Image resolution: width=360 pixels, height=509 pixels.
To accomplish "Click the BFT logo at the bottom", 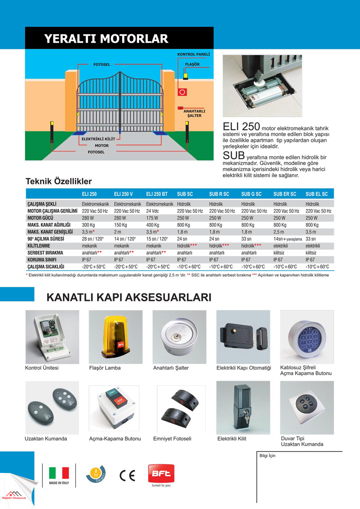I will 161,474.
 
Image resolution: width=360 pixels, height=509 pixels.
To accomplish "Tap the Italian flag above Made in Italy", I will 59,473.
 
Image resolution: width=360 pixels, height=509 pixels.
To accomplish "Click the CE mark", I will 127,475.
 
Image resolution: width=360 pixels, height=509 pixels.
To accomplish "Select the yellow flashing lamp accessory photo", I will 115,337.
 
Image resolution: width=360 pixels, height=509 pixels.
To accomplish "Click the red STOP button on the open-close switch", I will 120,400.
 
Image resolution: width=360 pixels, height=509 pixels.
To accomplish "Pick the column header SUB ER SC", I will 285,194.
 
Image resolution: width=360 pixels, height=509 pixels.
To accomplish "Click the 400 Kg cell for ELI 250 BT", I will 153,225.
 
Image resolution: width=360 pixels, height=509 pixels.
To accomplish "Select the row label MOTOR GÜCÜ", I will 40,218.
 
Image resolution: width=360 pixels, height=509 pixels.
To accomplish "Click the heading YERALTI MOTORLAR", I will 106,39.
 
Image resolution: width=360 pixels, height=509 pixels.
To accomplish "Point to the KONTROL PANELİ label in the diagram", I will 193,54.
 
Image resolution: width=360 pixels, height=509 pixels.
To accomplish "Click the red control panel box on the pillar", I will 182,92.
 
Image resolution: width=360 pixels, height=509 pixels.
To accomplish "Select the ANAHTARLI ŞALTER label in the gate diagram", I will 194,113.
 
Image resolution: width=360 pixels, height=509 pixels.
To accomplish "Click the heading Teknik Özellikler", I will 58,181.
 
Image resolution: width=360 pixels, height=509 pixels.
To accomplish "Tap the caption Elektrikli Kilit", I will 232,439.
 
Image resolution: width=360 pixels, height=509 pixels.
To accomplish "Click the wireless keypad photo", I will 307,337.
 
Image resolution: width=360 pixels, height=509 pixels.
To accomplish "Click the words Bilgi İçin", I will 267,456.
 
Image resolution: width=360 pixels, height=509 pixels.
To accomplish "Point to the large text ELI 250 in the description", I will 241,127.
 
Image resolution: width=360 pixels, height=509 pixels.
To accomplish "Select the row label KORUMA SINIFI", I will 42,260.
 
